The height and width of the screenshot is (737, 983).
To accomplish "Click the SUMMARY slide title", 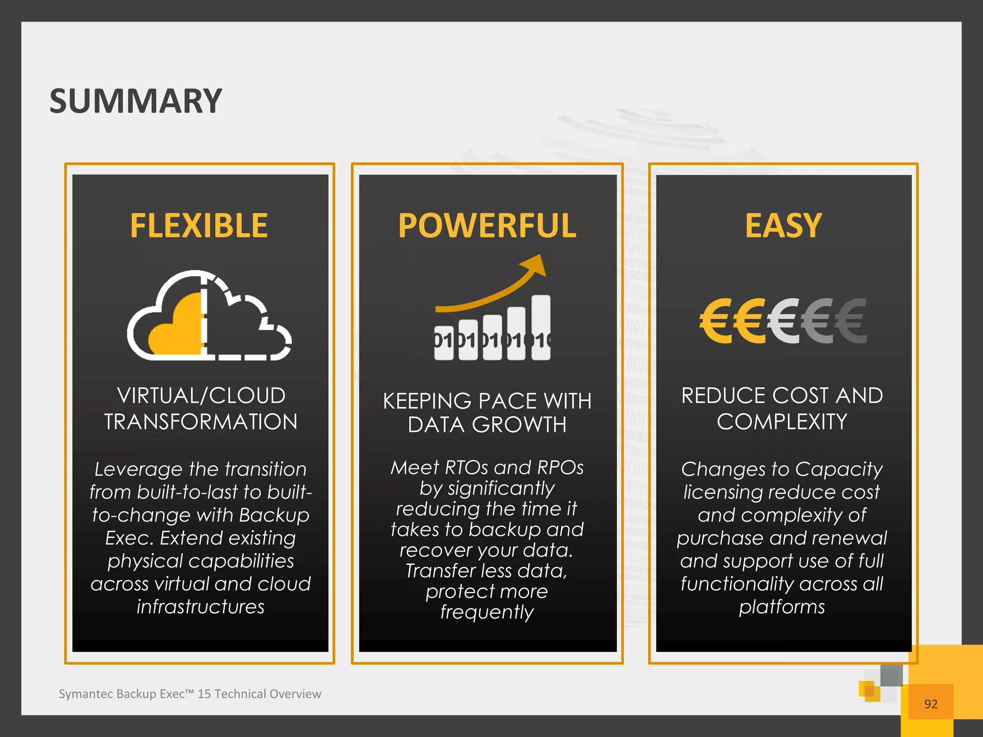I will (135, 101).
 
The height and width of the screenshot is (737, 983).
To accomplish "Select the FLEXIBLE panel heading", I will (199, 226).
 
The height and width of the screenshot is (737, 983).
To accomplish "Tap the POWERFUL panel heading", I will (487, 226).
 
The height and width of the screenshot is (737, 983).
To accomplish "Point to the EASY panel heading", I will (783, 226).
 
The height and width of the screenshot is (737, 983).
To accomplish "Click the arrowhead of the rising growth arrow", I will (537, 265).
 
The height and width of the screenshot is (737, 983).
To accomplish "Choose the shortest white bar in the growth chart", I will (444, 343).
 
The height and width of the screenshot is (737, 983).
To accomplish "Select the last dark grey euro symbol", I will (851, 321).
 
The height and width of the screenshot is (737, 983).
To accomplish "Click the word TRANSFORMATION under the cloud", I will (201, 422).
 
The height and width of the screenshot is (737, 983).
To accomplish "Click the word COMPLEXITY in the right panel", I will (782, 422).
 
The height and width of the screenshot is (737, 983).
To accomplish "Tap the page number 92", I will (931, 704).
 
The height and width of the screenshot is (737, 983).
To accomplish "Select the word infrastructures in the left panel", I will (201, 606).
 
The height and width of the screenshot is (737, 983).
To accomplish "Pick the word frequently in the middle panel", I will (487, 612).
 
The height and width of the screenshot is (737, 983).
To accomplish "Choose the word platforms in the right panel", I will (782, 606).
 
